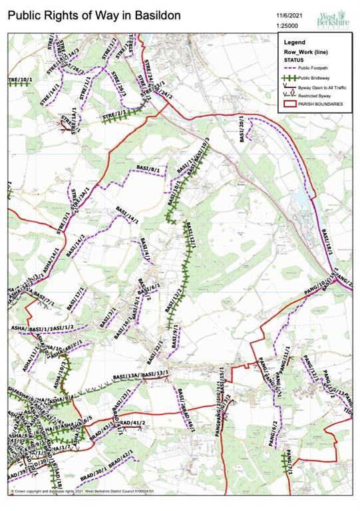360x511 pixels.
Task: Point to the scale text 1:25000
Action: click(x=287, y=25)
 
